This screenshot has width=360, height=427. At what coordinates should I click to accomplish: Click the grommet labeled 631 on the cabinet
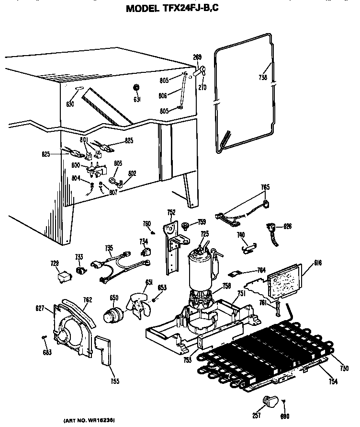pos(136,88)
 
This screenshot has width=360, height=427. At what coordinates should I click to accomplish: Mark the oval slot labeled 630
pos(79,88)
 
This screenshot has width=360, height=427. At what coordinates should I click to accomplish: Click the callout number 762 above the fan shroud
pos(87,300)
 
